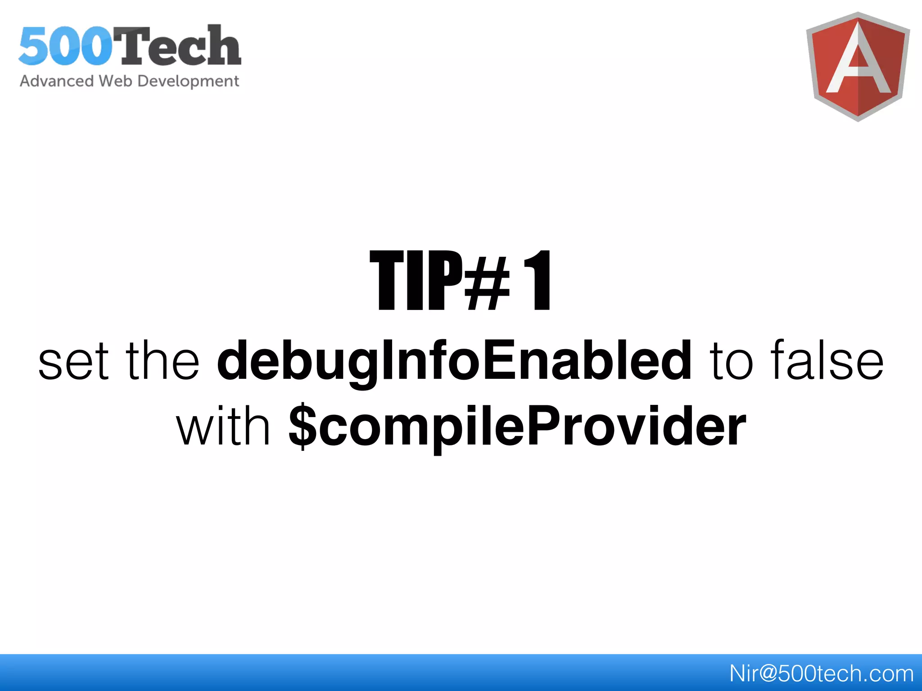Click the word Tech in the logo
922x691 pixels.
[180, 46]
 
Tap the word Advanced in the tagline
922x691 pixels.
[57, 81]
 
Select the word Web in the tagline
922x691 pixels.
[115, 81]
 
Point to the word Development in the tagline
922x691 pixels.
[188, 81]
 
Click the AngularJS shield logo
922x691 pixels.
[858, 67]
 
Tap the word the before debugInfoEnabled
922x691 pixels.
[162, 360]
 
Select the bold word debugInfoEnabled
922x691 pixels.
[454, 362]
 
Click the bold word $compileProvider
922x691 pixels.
[518, 427]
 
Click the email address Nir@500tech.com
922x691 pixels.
[821, 673]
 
